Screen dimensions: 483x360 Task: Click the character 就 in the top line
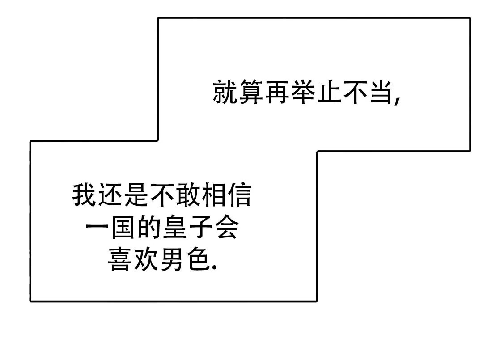tap(225, 92)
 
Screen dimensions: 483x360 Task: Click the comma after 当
tap(397, 101)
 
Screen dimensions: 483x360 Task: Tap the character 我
tap(84, 195)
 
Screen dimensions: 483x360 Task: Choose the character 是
tap(136, 195)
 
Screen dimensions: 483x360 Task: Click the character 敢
tap(188, 195)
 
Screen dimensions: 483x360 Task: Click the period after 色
tap(215, 268)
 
